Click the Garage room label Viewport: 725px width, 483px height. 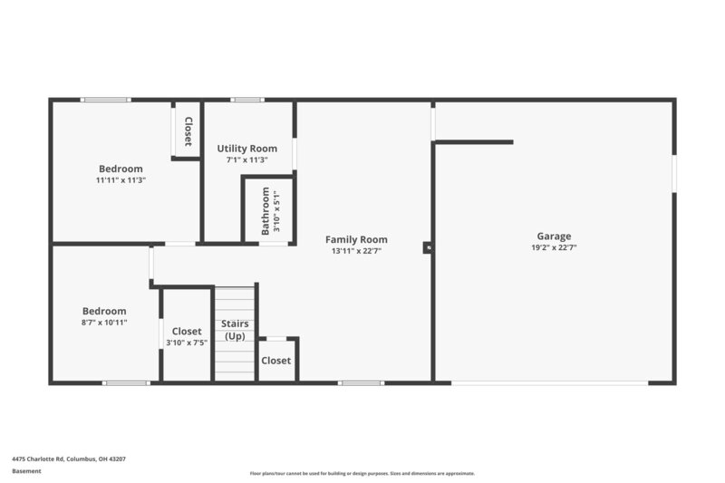tap(554, 237)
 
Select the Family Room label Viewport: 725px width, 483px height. tap(356, 240)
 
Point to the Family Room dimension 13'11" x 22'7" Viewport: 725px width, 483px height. tap(356, 251)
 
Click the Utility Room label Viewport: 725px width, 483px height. tap(246, 149)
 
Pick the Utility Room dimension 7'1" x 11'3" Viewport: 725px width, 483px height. tap(246, 159)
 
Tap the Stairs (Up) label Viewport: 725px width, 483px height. tap(235, 330)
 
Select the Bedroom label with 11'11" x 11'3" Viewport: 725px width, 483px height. tap(121, 169)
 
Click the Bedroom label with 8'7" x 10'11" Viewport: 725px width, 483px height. tap(104, 311)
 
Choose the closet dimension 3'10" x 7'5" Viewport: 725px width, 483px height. tap(186, 343)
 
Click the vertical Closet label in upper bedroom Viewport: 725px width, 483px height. tap(188, 131)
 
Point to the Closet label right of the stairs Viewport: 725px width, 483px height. tap(276, 361)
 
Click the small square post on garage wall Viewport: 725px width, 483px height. tap(429, 246)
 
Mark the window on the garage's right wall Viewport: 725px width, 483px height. tap(673, 173)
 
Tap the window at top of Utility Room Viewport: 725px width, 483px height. tap(246, 100)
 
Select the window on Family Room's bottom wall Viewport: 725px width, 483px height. tap(362, 382)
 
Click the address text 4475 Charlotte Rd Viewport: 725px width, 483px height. tap(69, 459)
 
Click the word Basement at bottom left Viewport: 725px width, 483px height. tap(27, 471)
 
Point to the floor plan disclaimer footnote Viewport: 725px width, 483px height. tap(362, 473)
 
